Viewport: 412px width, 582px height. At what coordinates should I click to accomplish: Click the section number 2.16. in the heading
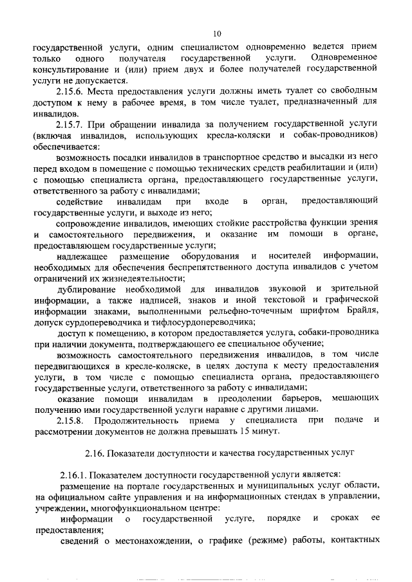[97, 453]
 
